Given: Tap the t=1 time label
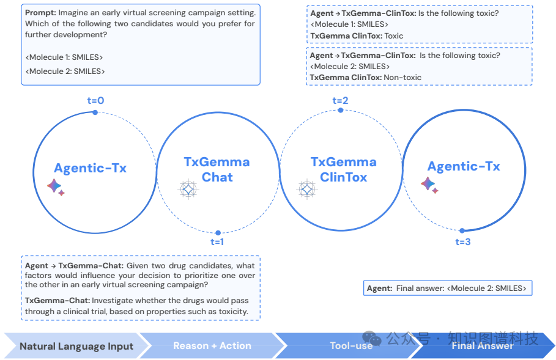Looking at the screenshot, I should pyautogui.click(x=217, y=242).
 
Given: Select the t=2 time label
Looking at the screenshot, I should pyautogui.click(x=340, y=101).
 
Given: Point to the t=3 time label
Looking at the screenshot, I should pyautogui.click(x=463, y=242).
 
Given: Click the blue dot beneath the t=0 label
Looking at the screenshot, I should pyautogui.click(x=95, y=112).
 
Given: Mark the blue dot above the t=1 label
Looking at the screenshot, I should pyautogui.click(x=218, y=232).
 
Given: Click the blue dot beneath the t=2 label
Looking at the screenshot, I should pyautogui.click(x=341, y=110).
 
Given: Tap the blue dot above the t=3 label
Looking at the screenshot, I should pyautogui.click(x=463, y=230).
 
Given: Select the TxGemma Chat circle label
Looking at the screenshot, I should pyautogui.click(x=217, y=169).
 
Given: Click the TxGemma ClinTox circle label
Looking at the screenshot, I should pyautogui.click(x=343, y=170).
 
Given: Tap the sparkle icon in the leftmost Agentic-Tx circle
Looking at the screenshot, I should pyautogui.click(x=56, y=187).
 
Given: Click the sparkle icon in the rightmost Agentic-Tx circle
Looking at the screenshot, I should pyautogui.click(x=429, y=185).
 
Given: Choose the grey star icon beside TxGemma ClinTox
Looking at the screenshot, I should pyautogui.click(x=306, y=189).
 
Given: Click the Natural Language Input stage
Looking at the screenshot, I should pyautogui.click(x=76, y=346).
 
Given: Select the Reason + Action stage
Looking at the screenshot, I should pyautogui.click(x=212, y=346).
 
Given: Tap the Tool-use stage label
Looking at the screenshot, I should pyautogui.click(x=351, y=346).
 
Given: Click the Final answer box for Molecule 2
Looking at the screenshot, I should pyautogui.click(x=447, y=288).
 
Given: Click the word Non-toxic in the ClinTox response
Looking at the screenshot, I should pyautogui.click(x=402, y=77).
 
